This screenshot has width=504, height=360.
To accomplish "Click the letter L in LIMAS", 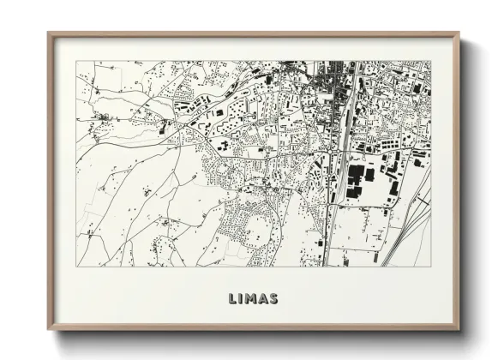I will (x=233, y=299).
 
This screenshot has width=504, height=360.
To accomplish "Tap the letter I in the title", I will (x=242, y=299).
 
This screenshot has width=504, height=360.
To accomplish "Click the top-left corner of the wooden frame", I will (x=49, y=33).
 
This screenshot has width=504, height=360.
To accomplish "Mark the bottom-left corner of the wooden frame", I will (x=49, y=329).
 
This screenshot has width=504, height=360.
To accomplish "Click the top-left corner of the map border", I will (x=76, y=61).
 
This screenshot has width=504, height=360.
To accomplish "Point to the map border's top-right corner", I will (x=430, y=61).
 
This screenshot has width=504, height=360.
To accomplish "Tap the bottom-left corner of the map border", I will (x=76, y=266).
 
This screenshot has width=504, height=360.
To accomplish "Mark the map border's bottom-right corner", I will (x=430, y=266).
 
